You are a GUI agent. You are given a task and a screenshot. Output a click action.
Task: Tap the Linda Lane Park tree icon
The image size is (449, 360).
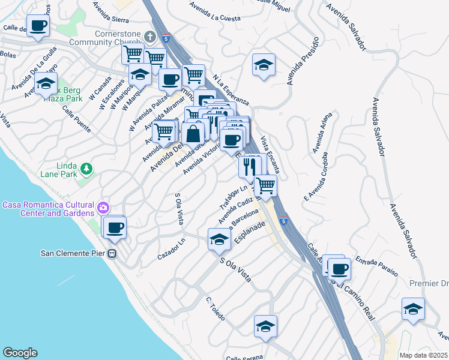pos(87,170)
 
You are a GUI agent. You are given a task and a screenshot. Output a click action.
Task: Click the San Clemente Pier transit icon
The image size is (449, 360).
pos(112,253)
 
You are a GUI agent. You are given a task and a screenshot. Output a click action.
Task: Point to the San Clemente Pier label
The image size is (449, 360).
pos(73,253)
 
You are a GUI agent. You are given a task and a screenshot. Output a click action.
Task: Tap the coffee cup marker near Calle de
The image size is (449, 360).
pos(37,26)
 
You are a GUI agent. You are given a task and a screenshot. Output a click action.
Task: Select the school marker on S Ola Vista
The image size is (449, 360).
pos(219,240)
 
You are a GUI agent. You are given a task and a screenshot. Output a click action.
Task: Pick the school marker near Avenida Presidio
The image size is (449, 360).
pos(263,65)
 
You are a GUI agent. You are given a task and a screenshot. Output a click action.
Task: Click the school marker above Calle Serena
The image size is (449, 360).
pos(265,326)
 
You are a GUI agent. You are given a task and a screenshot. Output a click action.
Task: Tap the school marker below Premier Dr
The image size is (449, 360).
pos(412,308)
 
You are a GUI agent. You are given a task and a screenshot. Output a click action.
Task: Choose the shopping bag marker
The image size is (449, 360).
pos(193,134)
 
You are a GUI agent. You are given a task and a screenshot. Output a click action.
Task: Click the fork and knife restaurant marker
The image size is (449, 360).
pos(250,166)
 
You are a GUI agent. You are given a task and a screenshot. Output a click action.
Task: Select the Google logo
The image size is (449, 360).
pos(20,352)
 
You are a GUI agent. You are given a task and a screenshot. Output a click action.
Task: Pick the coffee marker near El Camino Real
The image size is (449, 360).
pos(338,269)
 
